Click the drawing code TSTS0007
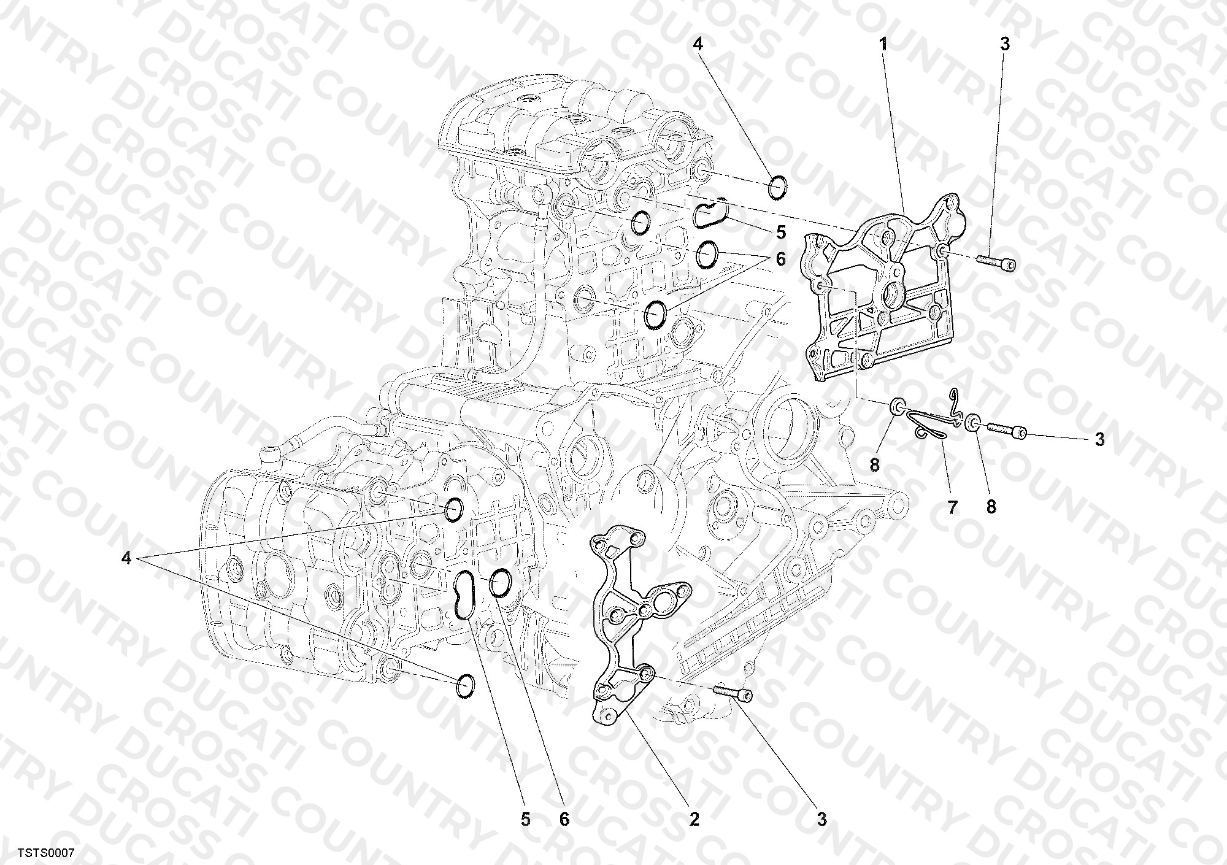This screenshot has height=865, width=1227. point(46,853)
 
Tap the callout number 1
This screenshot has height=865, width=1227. point(884,44)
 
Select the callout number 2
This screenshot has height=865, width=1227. point(694,819)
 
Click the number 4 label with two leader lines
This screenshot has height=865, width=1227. point(126,558)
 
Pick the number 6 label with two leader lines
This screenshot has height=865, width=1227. point(780,259)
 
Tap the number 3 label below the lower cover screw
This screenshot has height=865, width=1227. point(821,819)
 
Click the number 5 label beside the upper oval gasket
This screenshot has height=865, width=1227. point(780,232)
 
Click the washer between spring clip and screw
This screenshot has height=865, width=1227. point(972,424)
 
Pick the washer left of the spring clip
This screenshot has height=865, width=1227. point(898,406)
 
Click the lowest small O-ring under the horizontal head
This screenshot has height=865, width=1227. point(466,686)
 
